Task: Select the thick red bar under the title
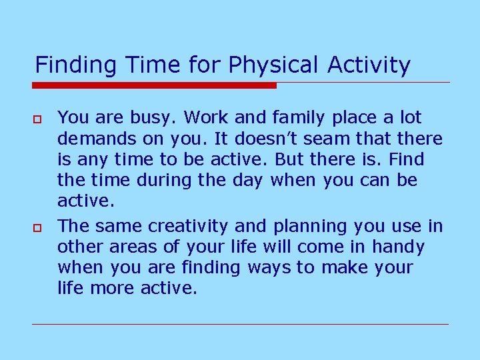click(154, 85)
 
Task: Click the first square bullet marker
click(38, 119)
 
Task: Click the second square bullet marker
click(38, 228)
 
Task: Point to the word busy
click(154, 118)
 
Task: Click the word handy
click(398, 247)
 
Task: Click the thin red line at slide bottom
click(240, 324)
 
